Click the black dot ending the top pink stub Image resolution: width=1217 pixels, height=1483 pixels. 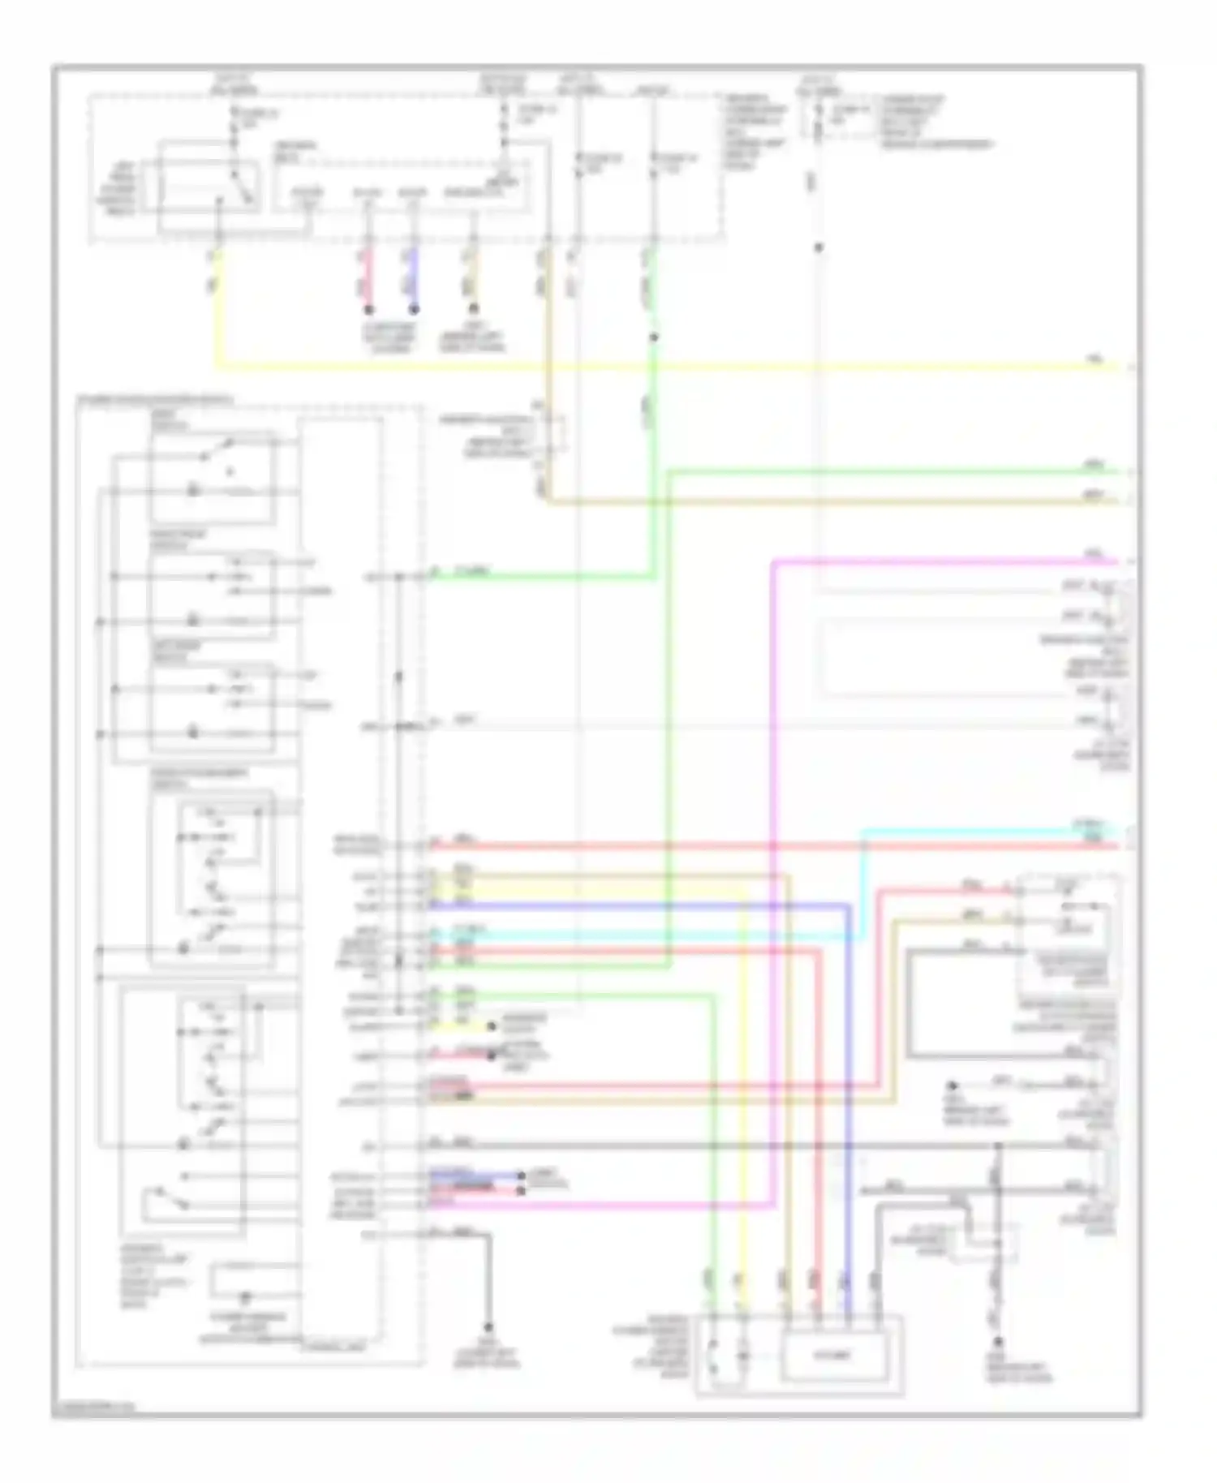[x=368, y=310]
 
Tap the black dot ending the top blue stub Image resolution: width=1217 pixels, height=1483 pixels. [x=414, y=310]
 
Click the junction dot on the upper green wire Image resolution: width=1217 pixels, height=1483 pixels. [x=654, y=337]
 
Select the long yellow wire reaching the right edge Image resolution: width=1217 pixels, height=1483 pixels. [x=649, y=367]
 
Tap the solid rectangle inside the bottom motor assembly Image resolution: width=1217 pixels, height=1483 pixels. [x=835, y=1354]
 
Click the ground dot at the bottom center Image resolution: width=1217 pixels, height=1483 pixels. [x=488, y=1328]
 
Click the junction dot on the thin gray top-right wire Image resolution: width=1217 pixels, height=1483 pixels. [x=819, y=247]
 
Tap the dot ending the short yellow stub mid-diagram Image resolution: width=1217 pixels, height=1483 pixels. [x=492, y=1026]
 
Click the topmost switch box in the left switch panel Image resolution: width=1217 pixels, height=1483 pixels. [x=213, y=476]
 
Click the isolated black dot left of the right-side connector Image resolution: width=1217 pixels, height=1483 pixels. [x=953, y=1085]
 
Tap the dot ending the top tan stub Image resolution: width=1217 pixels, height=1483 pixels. [x=474, y=310]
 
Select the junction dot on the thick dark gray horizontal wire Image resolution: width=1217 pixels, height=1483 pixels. [x=999, y=1146]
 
